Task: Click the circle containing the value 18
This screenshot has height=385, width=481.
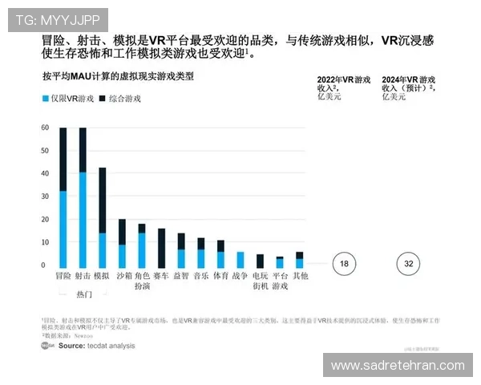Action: click(x=343, y=264)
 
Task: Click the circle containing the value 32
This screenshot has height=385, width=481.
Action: click(x=408, y=264)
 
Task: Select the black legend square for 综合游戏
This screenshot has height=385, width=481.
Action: click(x=103, y=99)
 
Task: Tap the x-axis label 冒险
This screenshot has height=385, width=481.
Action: click(x=63, y=275)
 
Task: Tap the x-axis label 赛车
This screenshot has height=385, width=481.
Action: click(x=161, y=275)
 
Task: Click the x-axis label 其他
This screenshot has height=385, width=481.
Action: click(x=299, y=275)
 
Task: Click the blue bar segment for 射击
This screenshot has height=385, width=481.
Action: click(x=83, y=220)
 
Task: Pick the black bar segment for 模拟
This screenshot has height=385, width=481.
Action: click(x=102, y=200)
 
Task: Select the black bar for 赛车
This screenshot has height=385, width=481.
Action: click(x=161, y=248)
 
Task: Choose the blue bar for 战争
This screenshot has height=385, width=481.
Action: click(x=240, y=260)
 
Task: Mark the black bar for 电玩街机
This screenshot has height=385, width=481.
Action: click(x=260, y=261)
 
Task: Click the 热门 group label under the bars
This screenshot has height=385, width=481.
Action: click(x=83, y=294)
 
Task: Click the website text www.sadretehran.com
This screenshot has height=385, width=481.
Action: click(x=398, y=365)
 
